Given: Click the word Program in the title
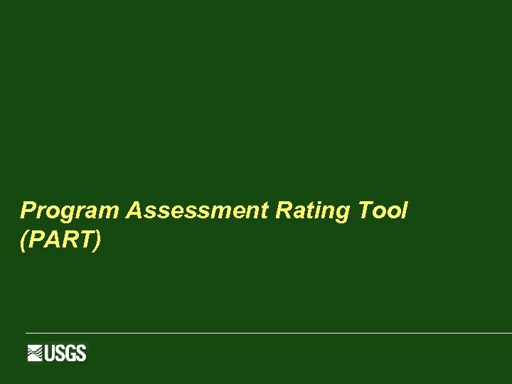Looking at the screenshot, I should pyautogui.click(x=71, y=211).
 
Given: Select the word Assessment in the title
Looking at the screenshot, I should pyautogui.click(x=197, y=211).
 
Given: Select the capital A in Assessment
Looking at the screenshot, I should pyautogui.click(x=134, y=210).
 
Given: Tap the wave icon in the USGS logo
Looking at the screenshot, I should pyautogui.click(x=36, y=353).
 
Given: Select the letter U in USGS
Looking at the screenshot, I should pyautogui.click(x=50, y=353).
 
